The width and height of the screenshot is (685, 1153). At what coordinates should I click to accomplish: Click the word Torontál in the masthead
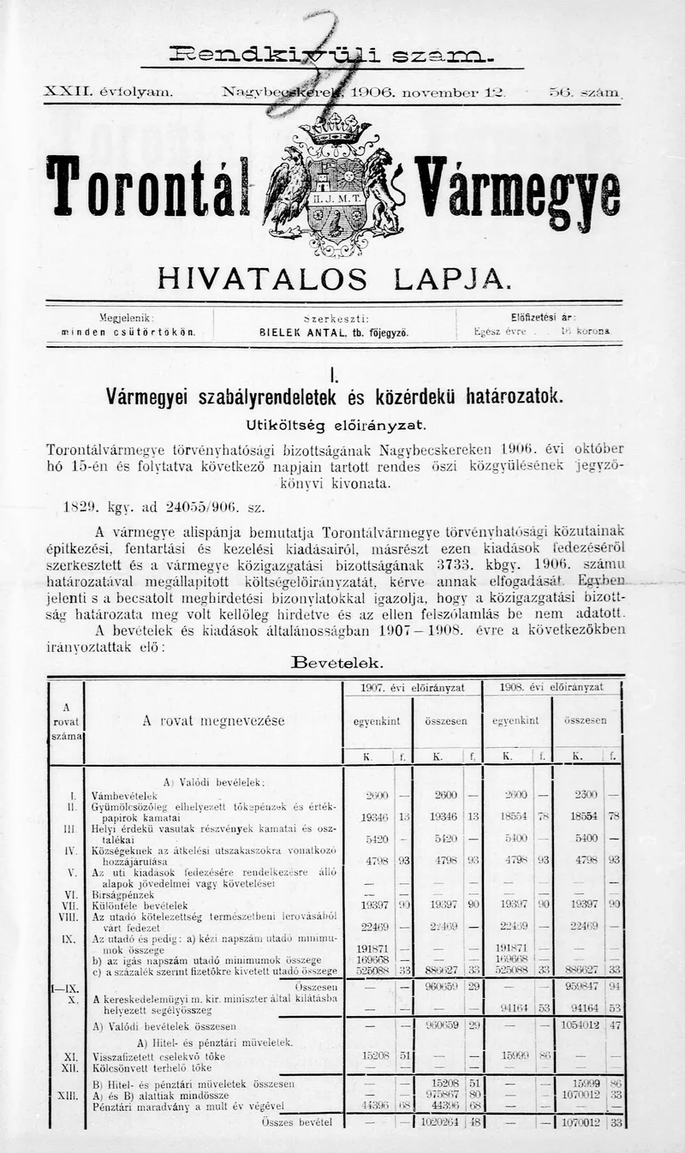tap(146, 186)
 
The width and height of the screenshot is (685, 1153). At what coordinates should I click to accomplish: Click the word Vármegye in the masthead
tap(516, 188)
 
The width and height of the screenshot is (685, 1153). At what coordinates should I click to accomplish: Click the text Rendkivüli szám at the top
tap(331, 55)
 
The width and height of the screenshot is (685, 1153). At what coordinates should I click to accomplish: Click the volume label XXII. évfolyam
tap(109, 90)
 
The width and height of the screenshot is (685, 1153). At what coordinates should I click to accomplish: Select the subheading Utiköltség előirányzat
tap(334, 425)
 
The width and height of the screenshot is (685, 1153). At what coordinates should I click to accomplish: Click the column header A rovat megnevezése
tap(213, 721)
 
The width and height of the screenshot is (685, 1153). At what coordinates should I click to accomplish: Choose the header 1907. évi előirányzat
tap(414, 687)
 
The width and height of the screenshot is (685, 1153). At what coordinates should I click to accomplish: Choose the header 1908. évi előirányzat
tap(553, 687)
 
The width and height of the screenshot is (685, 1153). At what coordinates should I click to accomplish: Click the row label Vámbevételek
tap(124, 795)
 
